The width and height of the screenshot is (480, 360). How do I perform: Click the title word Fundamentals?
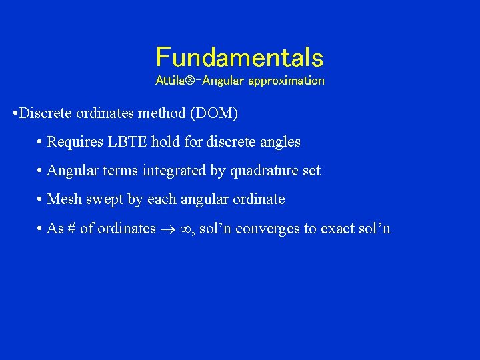pyautogui.click(x=239, y=57)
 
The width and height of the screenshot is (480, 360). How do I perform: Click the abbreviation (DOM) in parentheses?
pyautogui.click(x=214, y=113)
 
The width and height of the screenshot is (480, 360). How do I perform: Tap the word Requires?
pyautogui.click(x=74, y=142)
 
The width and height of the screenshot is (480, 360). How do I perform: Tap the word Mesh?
pyautogui.click(x=65, y=199)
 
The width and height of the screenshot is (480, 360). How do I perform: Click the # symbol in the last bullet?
pyautogui.click(x=71, y=229)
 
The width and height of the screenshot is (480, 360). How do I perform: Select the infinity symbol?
pyautogui.click(x=187, y=229)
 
